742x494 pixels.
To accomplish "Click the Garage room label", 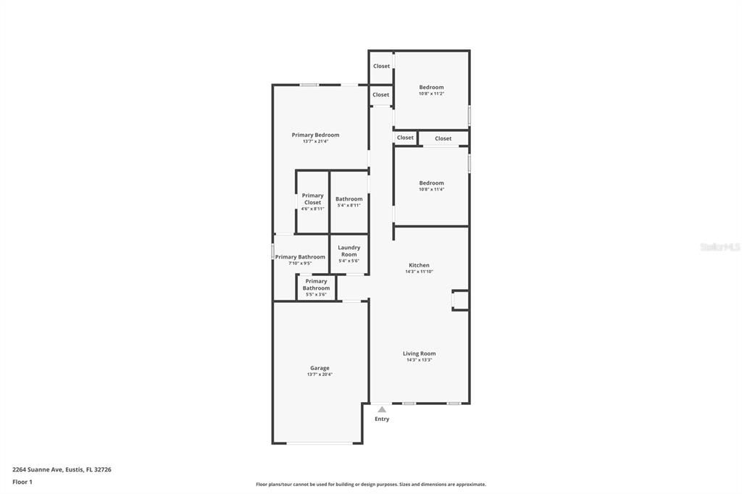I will [x=320, y=368].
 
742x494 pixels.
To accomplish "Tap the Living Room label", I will [x=419, y=353].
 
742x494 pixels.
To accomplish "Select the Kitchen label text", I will [x=419, y=265].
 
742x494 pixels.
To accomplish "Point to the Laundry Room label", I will [x=349, y=251].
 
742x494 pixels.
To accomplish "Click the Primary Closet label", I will [x=312, y=198].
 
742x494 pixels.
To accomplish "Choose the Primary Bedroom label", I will [x=315, y=135].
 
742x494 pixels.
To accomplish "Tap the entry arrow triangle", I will [x=382, y=409].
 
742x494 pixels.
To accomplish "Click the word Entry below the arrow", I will [x=382, y=419].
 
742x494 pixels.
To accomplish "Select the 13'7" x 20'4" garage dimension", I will [x=320, y=374].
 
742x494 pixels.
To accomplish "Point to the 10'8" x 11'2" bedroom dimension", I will [x=431, y=93].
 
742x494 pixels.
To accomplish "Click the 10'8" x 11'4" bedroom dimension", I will [x=431, y=189].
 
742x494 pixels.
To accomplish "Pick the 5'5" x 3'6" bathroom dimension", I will [x=316, y=294].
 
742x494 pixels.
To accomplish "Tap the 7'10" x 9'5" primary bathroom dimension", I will [x=300, y=263].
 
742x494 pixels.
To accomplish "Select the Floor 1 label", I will [x=22, y=482].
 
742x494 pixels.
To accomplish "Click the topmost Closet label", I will [x=381, y=66].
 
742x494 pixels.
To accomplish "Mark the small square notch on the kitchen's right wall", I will [x=460, y=300].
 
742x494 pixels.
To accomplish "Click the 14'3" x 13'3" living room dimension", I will [x=419, y=360].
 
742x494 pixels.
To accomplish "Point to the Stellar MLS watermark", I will [x=719, y=247].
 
